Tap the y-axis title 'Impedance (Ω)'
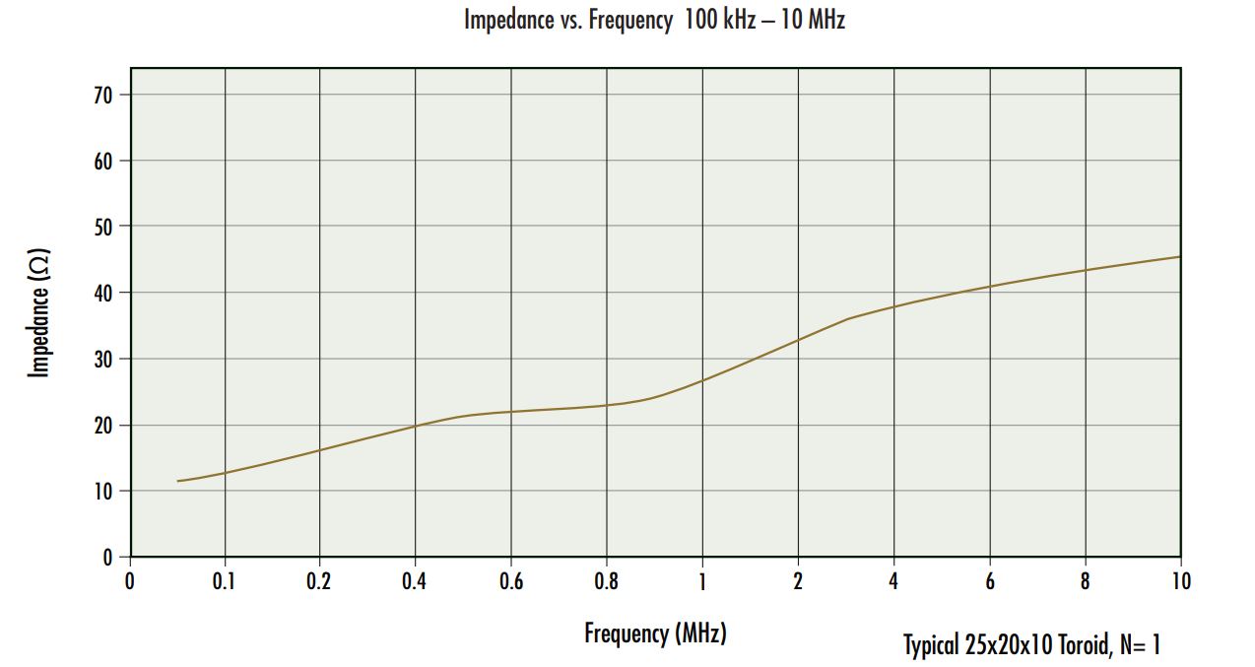pyautogui.click(x=39, y=312)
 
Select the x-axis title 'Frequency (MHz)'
pyautogui.click(x=655, y=633)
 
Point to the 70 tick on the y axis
pyautogui.click(x=101, y=95)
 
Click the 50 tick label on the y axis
pyautogui.click(x=101, y=227)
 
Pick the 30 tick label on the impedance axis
pyautogui.click(x=101, y=359)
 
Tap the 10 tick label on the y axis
pyautogui.click(x=101, y=491)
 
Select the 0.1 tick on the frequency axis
pyautogui.click(x=225, y=581)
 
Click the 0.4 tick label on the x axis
pyautogui.click(x=415, y=581)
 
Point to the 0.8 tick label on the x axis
pyautogui.click(x=606, y=581)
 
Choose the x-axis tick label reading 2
pyautogui.click(x=797, y=581)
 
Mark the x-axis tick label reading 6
pyautogui.click(x=989, y=581)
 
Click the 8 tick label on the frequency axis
pyautogui.click(x=1085, y=581)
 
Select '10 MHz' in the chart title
pyautogui.click(x=811, y=20)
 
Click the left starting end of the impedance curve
pyautogui.click(x=178, y=481)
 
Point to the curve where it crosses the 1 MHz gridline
pyautogui.click(x=701, y=380)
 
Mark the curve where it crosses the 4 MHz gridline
pyautogui.click(x=893, y=306)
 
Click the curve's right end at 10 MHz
pyautogui.click(x=1179, y=257)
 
